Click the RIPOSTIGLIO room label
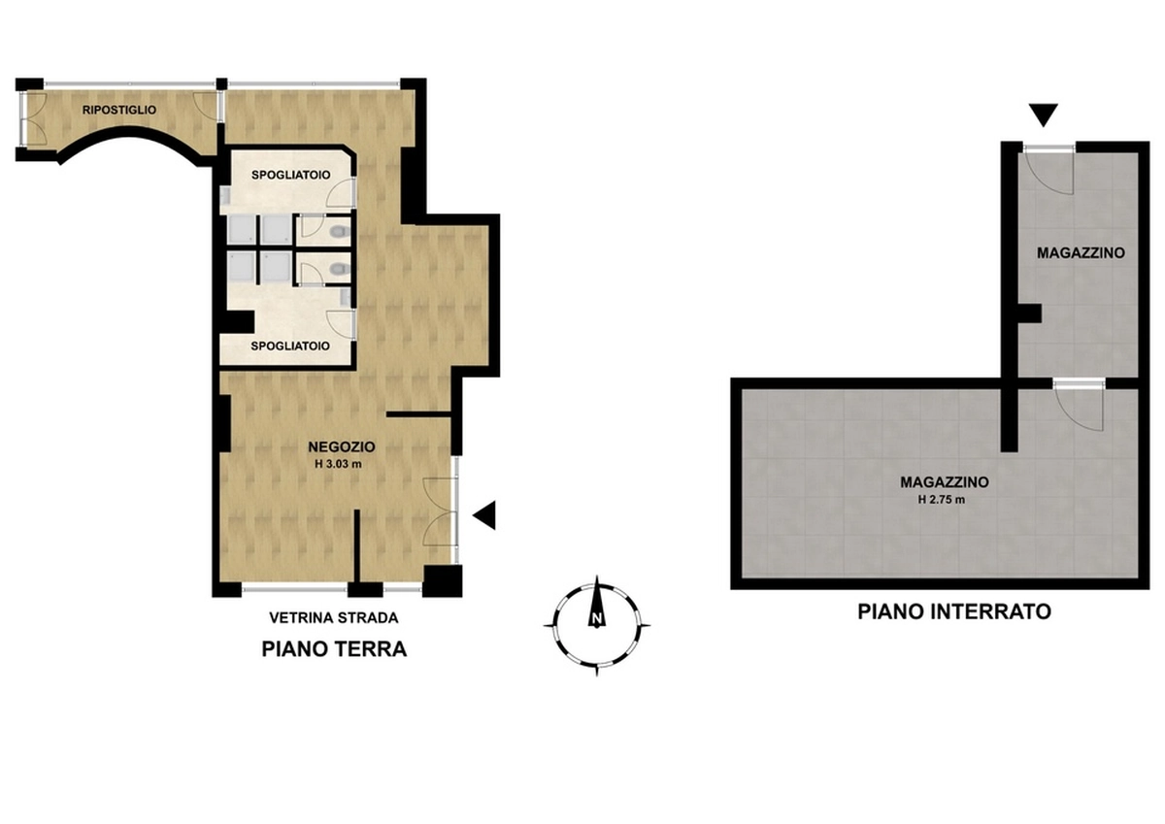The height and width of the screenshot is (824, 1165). [x=119, y=111]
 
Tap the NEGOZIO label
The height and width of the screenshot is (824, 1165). [x=341, y=447]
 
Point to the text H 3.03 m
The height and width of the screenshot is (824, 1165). [x=338, y=464]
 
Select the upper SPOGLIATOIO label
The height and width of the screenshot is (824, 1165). [x=290, y=176]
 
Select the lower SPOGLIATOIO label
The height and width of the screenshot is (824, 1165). [x=290, y=346]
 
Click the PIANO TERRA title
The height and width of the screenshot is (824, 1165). [x=334, y=649]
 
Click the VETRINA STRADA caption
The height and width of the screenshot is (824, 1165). [x=333, y=618]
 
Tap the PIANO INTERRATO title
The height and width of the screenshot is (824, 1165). [x=954, y=611]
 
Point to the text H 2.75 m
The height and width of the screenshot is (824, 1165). [x=942, y=500]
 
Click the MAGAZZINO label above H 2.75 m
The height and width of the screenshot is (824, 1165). [x=945, y=482]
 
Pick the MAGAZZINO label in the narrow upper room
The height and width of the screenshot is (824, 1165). [x=1081, y=253]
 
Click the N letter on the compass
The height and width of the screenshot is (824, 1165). [x=597, y=619]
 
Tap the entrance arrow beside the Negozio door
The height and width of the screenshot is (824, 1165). [x=484, y=515]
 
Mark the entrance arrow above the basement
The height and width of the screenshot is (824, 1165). [x=1044, y=115]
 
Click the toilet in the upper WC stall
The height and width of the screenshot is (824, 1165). [x=341, y=230]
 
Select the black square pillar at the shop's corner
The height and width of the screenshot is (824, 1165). [x=442, y=580]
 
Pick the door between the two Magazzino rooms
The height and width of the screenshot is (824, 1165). [x=1080, y=409]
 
